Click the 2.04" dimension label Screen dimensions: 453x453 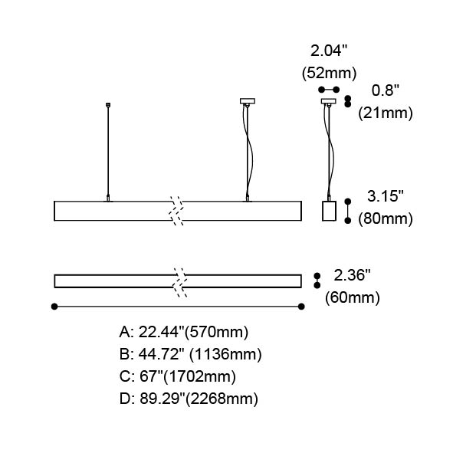329,51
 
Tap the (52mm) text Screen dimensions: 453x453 329,73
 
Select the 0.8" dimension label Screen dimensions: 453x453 385,90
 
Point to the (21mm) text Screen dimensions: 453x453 386,113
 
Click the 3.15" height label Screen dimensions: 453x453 385,196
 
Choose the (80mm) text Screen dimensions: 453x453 386,218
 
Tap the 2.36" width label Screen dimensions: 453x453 352,274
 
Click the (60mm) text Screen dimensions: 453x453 352,297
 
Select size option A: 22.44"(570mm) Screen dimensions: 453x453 184,332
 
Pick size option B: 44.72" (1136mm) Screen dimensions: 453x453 191,354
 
